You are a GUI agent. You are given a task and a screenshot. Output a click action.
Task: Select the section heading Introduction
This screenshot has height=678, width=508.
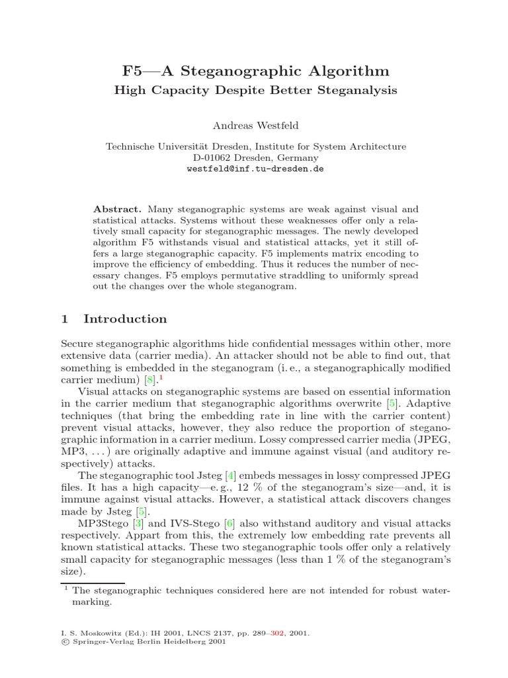coord(125,319)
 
